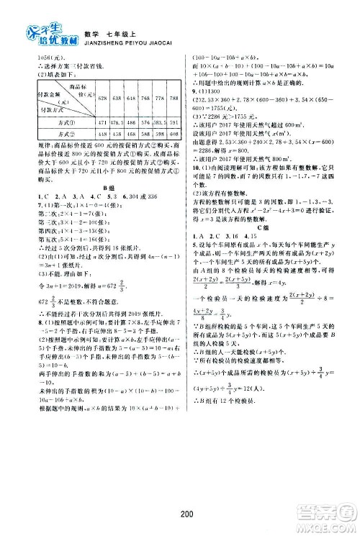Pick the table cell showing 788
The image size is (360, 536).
point(163,96)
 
